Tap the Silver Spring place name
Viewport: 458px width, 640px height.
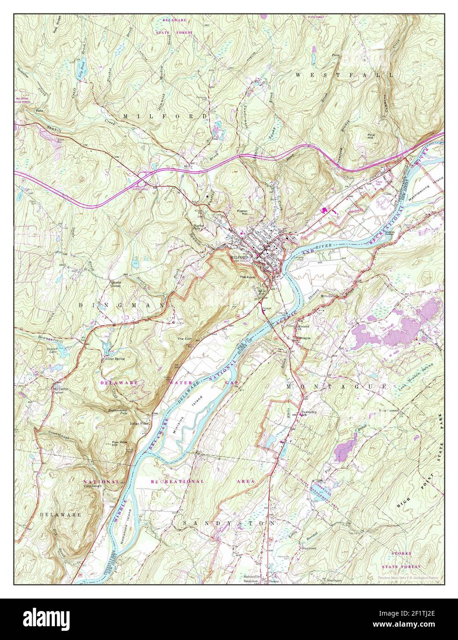click(115, 358)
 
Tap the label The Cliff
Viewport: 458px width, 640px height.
click(184, 338)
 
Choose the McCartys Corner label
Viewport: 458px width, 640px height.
click(60, 388)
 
